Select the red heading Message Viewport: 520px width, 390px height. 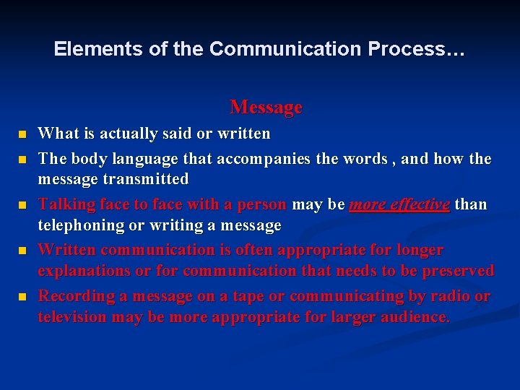tap(266, 108)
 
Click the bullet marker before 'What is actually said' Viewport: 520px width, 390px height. tap(22, 134)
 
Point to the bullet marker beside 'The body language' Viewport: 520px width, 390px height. tap(22, 158)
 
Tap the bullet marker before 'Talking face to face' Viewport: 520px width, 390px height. tap(22, 205)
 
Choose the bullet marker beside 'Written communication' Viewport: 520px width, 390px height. tap(22, 251)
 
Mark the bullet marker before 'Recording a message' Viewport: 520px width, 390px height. tap(22, 297)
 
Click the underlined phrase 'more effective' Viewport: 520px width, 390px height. tap(399, 204)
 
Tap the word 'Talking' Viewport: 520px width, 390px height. tap(66, 204)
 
